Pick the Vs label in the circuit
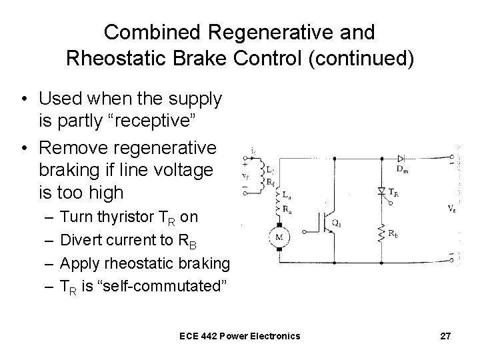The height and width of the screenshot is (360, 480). coord(452,208)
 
